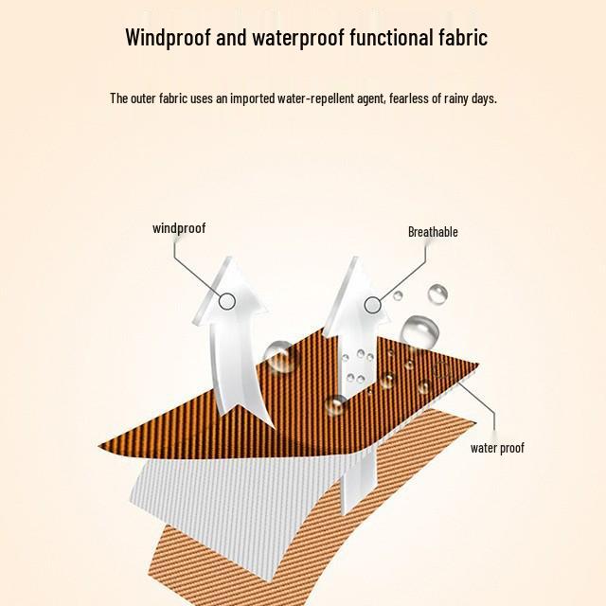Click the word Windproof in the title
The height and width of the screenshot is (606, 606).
pyautogui.click(x=169, y=38)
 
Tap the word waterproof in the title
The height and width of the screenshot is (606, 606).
pyautogui.click(x=298, y=38)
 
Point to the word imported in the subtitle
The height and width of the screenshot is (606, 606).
pyautogui.click(x=253, y=98)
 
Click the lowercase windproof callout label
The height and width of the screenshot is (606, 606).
pyautogui.click(x=179, y=228)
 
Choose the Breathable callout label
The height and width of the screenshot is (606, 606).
pyautogui.click(x=433, y=232)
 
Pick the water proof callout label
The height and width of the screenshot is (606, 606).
pyautogui.click(x=497, y=448)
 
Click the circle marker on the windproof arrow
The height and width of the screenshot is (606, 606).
pyautogui.click(x=227, y=301)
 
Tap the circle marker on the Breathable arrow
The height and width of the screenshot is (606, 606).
pyautogui.click(x=372, y=305)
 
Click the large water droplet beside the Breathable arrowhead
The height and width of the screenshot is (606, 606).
pyautogui.click(x=419, y=331)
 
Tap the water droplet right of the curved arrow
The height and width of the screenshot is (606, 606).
pyautogui.click(x=279, y=356)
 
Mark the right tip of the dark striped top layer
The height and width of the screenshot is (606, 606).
pyautogui.click(x=478, y=364)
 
